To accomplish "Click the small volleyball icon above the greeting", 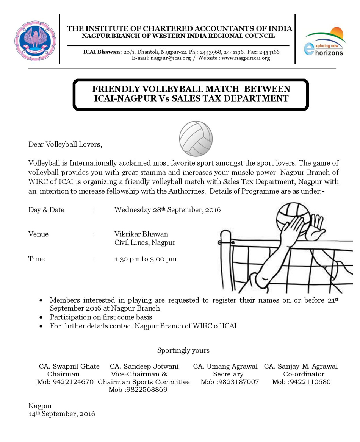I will [x=196, y=139].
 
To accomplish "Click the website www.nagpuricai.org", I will [x=246, y=58].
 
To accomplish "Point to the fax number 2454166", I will [x=269, y=52].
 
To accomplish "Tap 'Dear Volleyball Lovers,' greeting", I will [x=65, y=144].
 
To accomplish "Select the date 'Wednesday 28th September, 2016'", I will [x=167, y=210].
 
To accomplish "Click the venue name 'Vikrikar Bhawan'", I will [x=141, y=234].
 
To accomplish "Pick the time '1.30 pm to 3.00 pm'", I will [x=146, y=259].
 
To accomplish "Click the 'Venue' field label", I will [x=38, y=234].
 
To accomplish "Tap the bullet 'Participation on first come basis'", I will [x=101, y=317].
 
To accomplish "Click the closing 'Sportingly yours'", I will [x=183, y=350].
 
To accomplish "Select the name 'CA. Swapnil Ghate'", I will [x=69, y=366].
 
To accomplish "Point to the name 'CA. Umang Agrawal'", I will [x=225, y=366].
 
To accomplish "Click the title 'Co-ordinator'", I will [x=304, y=374].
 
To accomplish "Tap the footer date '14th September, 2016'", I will [x=62, y=414].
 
